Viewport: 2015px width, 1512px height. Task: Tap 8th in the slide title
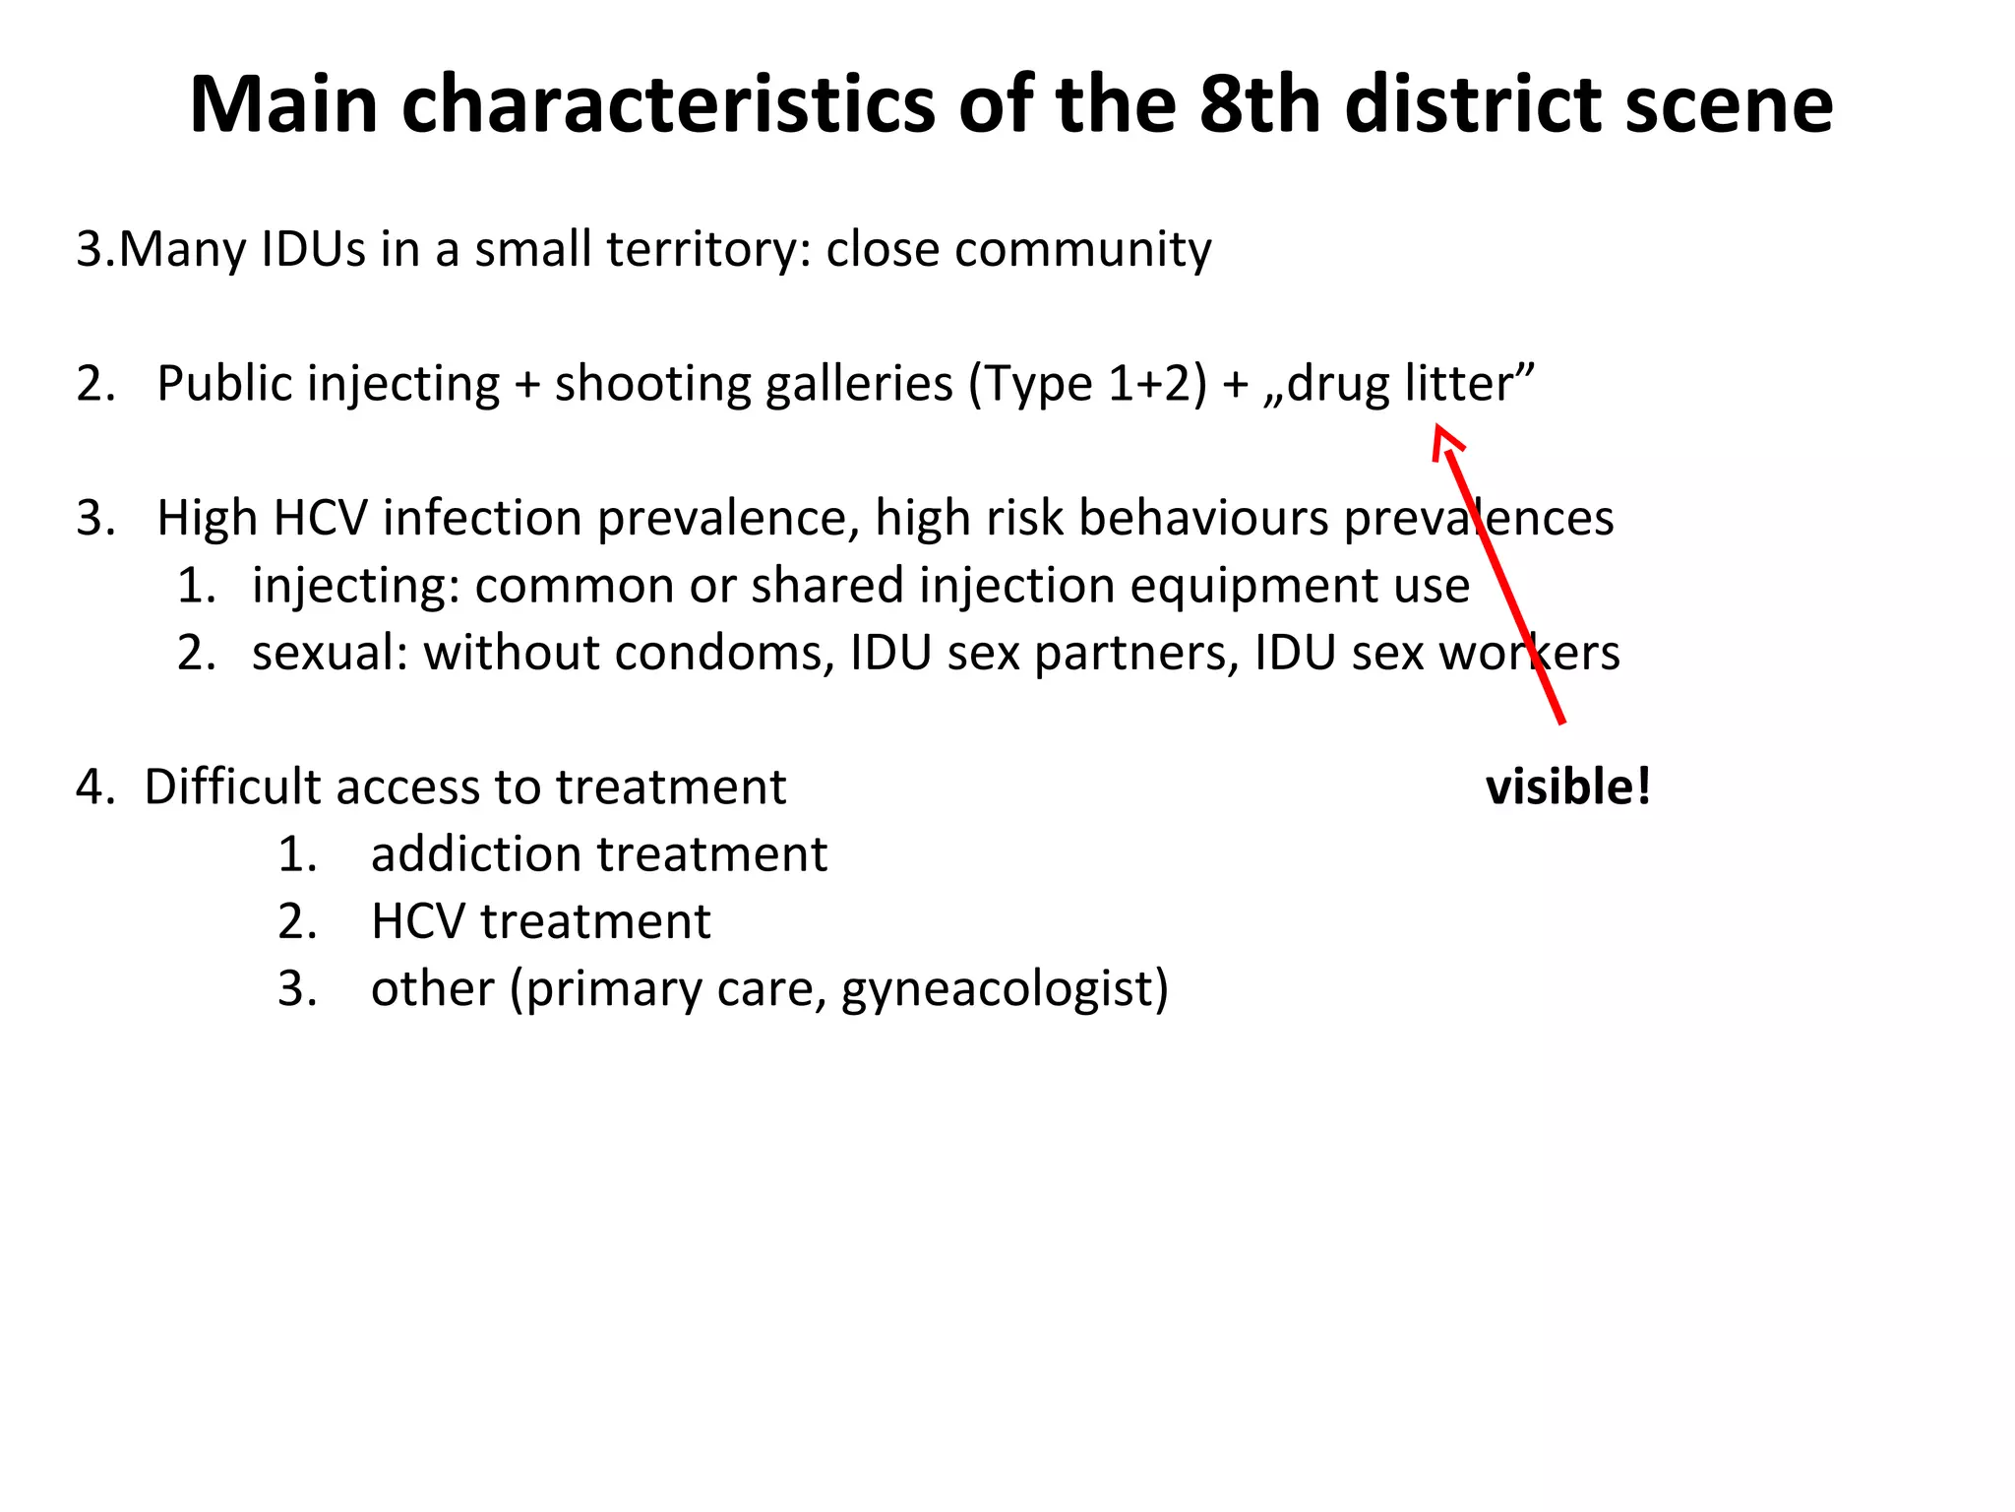point(1258,106)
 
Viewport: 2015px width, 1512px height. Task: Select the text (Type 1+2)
point(1087,384)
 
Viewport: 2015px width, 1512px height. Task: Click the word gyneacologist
point(1005,989)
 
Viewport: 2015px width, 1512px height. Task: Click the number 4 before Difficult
point(92,787)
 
